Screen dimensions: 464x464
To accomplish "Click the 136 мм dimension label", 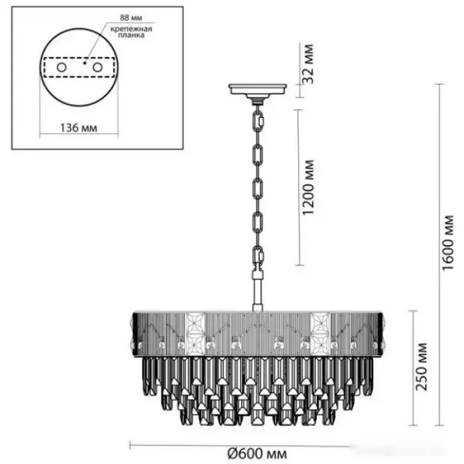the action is click(79, 128).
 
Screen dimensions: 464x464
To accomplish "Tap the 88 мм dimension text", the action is click(131, 18).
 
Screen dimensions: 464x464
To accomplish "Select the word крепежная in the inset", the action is click(131, 29).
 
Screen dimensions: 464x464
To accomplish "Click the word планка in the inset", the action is click(131, 35).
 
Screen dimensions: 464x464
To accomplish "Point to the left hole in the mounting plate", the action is click(62, 68).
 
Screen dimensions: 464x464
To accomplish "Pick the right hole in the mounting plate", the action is click(97, 68).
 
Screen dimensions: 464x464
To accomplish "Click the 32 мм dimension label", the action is click(308, 64).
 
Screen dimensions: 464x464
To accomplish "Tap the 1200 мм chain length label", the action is click(308, 188).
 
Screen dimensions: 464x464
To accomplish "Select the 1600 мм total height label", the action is click(448, 243).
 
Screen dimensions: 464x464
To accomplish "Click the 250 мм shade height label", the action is click(422, 367).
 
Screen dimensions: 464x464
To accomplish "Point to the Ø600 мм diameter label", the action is click(257, 453).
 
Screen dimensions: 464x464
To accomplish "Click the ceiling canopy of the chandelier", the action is click(258, 89).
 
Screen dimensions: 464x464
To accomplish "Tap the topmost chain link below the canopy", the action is click(259, 119).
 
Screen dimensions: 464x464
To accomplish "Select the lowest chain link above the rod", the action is click(259, 255).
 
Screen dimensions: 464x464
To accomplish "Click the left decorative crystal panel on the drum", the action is click(195, 334).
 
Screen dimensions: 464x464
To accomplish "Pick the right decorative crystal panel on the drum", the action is click(320, 334).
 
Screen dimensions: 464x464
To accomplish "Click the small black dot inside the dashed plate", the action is click(85, 63).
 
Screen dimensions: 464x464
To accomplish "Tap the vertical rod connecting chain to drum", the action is click(258, 292).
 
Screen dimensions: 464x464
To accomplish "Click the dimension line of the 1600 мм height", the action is click(439, 255).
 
